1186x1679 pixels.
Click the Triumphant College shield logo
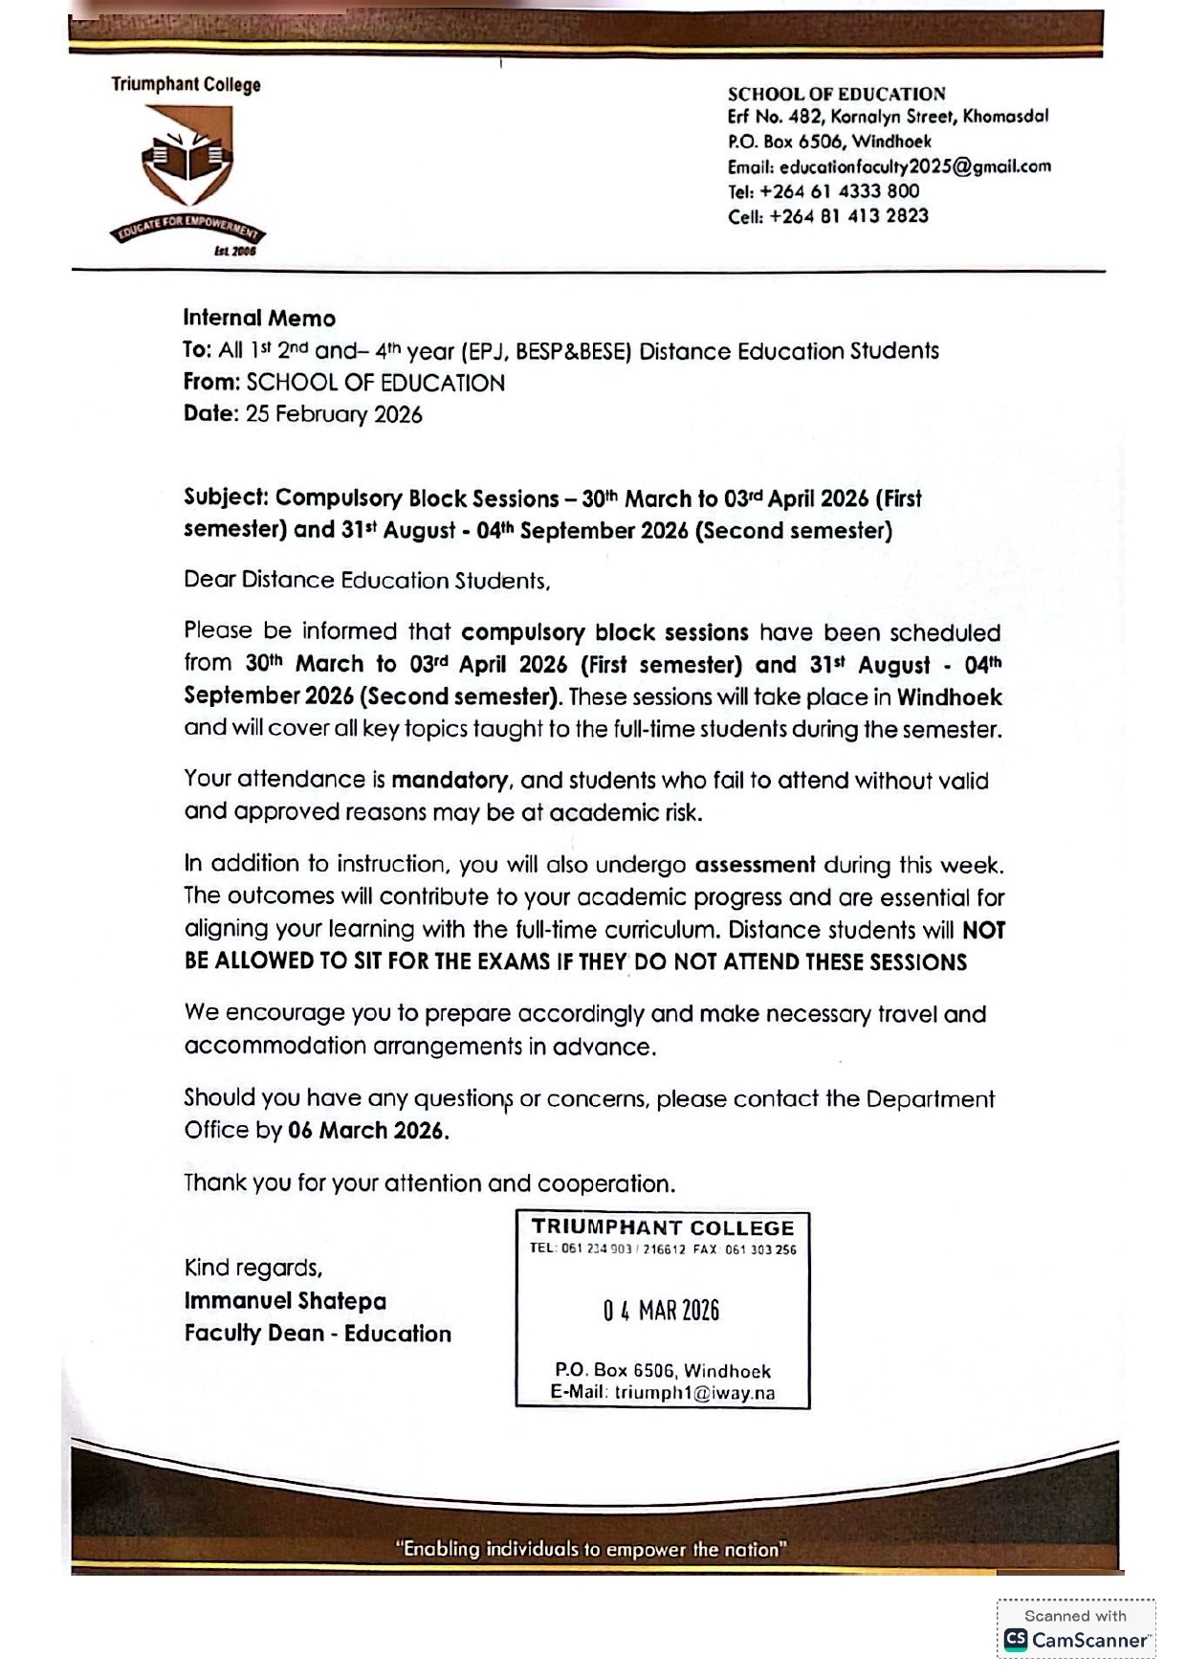coord(188,157)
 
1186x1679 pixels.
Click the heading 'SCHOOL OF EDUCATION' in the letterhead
coord(836,94)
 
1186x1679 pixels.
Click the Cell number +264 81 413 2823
coord(848,216)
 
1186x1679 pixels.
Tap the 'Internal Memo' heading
coord(259,319)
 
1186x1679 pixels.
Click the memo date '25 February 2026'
coord(334,414)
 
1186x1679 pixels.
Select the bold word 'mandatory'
coord(450,781)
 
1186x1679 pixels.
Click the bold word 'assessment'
coord(755,865)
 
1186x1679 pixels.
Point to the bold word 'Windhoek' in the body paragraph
coord(949,696)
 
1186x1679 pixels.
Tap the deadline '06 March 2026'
coord(368,1131)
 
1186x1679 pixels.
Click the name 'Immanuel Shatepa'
coord(285,1301)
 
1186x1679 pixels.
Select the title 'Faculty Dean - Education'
coord(318,1334)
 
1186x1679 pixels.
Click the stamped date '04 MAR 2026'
coord(661,1311)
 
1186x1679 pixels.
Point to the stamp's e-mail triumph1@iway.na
coord(694,1393)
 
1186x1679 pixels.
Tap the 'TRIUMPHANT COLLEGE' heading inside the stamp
coord(663,1227)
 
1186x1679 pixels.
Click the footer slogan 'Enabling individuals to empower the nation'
coord(591,1549)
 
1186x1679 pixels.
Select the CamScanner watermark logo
coord(1075,1640)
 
